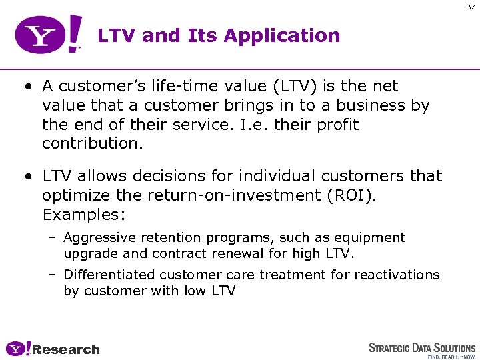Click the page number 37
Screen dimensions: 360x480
coord(471,7)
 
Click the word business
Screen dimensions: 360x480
coord(377,105)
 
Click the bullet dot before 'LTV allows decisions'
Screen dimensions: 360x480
coord(25,177)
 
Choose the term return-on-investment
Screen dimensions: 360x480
coord(233,195)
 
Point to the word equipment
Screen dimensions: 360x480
coord(370,238)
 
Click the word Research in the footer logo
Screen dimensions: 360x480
coord(66,349)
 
